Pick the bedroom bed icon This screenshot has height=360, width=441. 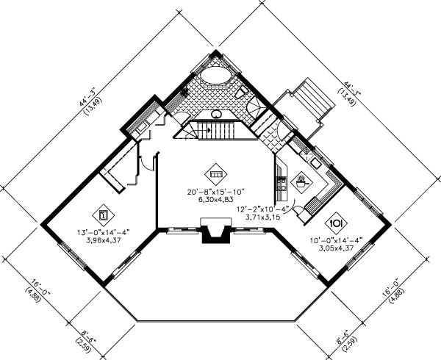point(104,215)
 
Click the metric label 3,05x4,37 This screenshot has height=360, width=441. point(334,248)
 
